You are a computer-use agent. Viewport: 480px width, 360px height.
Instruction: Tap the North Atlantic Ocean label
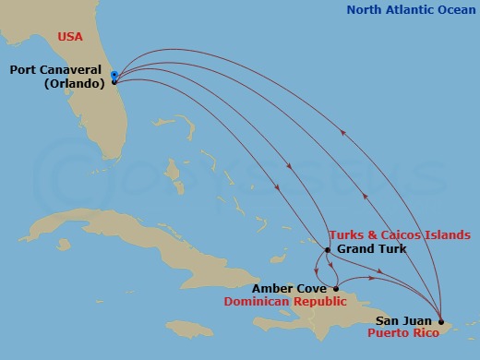(412, 11)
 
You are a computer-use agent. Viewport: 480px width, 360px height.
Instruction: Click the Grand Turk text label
(371, 249)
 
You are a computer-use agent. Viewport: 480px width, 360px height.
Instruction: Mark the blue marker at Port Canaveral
(114, 74)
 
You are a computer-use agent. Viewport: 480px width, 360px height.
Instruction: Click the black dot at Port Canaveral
(114, 81)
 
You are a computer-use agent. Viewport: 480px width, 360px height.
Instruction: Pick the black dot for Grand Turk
(328, 249)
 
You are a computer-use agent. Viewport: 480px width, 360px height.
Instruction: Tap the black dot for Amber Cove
(336, 287)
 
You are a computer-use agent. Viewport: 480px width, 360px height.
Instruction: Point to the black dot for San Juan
(441, 321)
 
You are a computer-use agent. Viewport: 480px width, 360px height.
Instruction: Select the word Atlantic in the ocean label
(411, 11)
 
